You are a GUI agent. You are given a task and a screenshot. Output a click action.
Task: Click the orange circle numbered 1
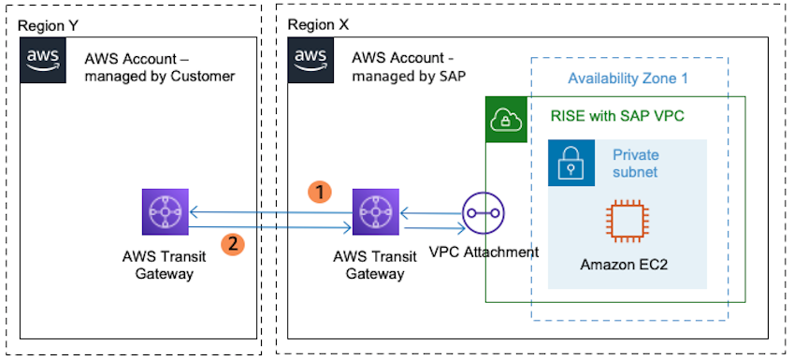tap(321, 191)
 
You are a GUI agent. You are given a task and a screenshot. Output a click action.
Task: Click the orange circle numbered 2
tap(233, 244)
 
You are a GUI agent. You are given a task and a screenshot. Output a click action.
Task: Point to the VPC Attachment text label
tap(484, 252)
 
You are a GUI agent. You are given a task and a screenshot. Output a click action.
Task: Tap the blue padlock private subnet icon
tap(570, 163)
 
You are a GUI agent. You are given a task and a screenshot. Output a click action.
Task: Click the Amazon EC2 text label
tap(625, 265)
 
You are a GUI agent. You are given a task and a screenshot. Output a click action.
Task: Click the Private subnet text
tap(636, 163)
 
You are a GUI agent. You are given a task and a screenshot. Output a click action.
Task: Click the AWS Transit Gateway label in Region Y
tap(164, 264)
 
